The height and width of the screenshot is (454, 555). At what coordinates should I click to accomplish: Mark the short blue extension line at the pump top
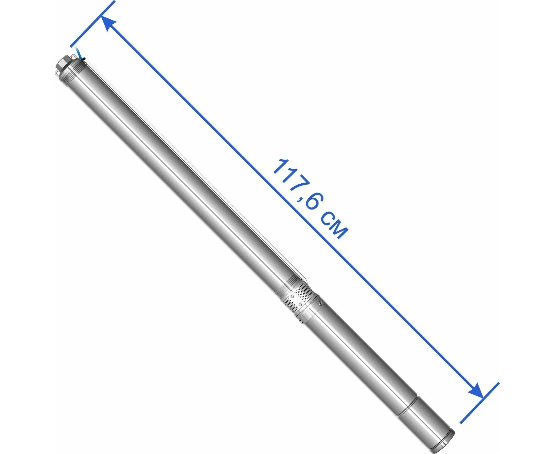tap(92, 24)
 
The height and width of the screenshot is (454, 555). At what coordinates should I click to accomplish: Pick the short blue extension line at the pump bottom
tap(479, 403)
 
